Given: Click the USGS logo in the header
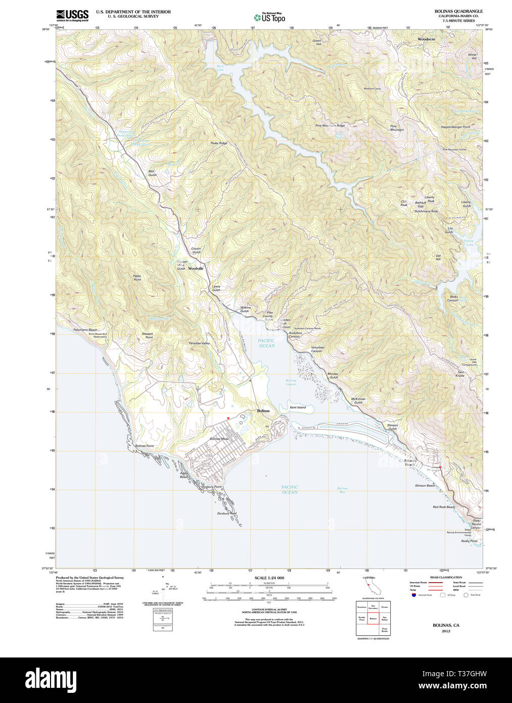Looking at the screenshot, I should pos(72,15).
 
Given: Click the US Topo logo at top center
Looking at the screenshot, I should pos(269,17).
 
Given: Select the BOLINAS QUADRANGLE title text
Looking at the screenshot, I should pos(458,11).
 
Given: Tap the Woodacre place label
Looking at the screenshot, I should pos(426,39).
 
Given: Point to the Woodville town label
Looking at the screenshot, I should pos(196,269).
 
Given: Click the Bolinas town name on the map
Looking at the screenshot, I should pos(263,411).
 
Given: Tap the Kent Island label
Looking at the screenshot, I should pos(297,407).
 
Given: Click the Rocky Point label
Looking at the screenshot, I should pos(469,541).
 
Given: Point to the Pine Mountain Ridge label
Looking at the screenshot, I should pos(330,125).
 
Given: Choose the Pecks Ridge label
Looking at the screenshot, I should pos(219,143).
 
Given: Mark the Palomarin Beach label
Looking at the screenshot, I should pos(85,330).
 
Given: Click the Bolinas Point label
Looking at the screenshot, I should pos(144,446).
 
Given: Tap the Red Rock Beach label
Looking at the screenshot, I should pos(443,507).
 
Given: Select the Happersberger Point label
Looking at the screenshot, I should pos(455,127).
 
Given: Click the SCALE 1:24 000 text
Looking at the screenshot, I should pos(269,578).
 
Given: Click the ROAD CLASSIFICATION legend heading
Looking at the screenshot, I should pos(446,577).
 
